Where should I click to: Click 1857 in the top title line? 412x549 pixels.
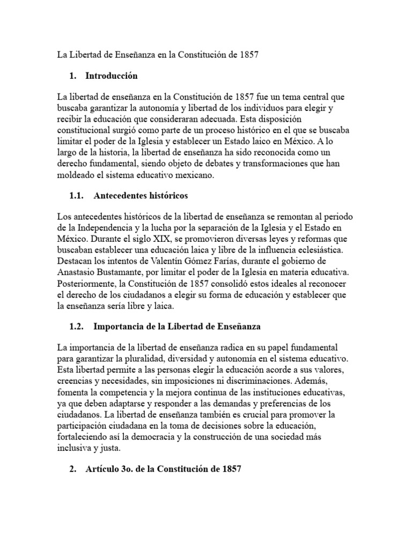pyautogui.click(x=248, y=55)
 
